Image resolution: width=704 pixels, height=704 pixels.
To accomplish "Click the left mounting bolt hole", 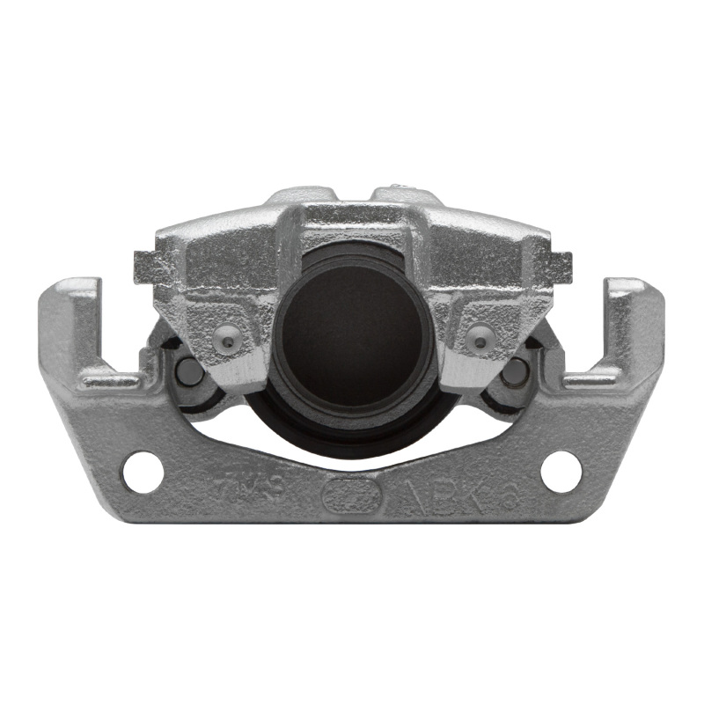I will pyautogui.click(x=143, y=472).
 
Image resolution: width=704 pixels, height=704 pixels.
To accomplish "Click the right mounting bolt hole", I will pyautogui.click(x=561, y=472).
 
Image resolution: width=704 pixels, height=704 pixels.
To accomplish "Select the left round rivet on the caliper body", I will pyautogui.click(x=226, y=336).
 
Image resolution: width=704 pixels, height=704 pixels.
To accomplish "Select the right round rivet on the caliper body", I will pyautogui.click(x=480, y=336).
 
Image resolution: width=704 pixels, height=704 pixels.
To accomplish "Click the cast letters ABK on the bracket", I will pyautogui.click(x=440, y=497).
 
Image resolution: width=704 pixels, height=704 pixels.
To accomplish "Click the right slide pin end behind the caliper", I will pyautogui.click(x=516, y=372).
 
